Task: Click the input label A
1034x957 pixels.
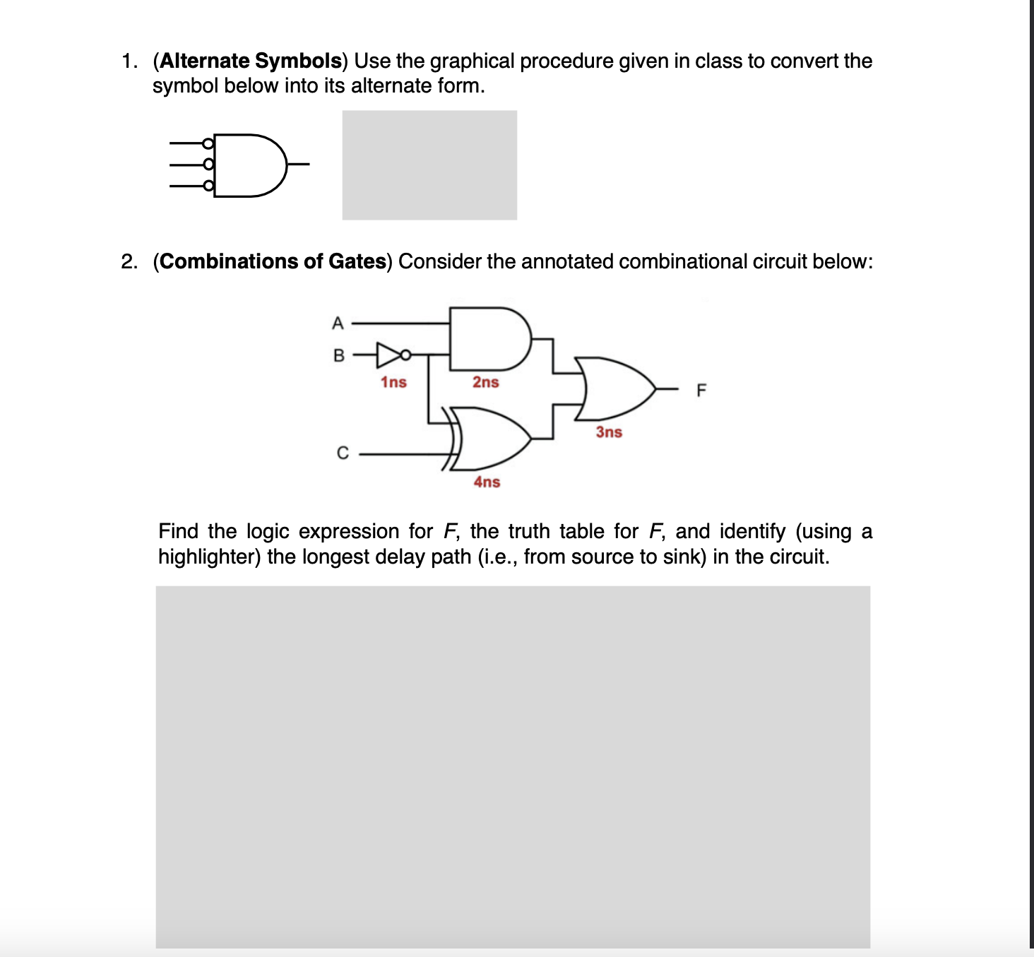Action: pyautogui.click(x=338, y=323)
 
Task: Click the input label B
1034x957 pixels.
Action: pyautogui.click(x=338, y=355)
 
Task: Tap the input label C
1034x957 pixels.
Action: pyautogui.click(x=343, y=453)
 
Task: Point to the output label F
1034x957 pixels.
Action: pyautogui.click(x=701, y=390)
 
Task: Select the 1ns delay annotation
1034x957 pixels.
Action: pyautogui.click(x=393, y=382)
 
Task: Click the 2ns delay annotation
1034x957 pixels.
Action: pyautogui.click(x=485, y=382)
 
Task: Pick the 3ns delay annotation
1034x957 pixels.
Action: pyautogui.click(x=608, y=432)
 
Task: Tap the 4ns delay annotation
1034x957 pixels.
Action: pyautogui.click(x=487, y=482)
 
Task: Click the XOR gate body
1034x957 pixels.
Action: pyautogui.click(x=491, y=438)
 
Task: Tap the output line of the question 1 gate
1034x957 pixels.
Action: pyautogui.click(x=299, y=165)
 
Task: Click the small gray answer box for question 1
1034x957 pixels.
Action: pyautogui.click(x=429, y=165)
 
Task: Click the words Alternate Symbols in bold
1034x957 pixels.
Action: pyautogui.click(x=251, y=61)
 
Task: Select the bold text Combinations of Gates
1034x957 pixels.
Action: pyautogui.click(x=273, y=261)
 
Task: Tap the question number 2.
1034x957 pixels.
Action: pyautogui.click(x=129, y=261)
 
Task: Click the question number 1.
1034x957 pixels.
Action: pyautogui.click(x=129, y=61)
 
